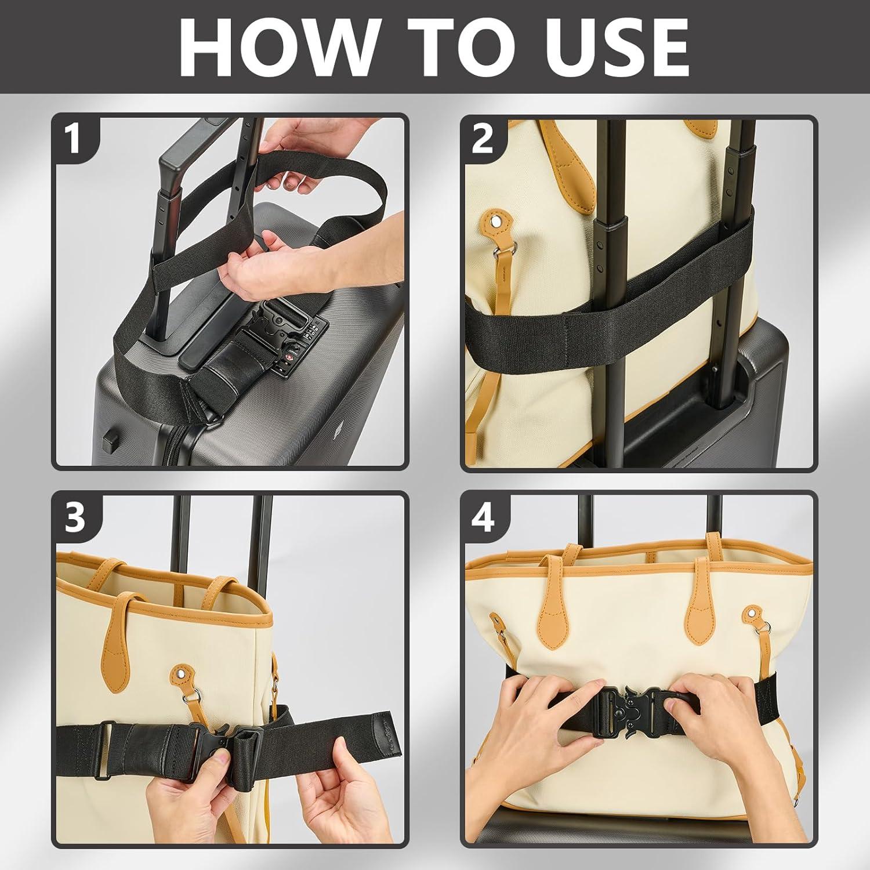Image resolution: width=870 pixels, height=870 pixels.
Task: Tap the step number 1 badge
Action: point(73,140)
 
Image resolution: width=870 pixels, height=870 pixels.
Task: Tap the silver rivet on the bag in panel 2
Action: point(496,222)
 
